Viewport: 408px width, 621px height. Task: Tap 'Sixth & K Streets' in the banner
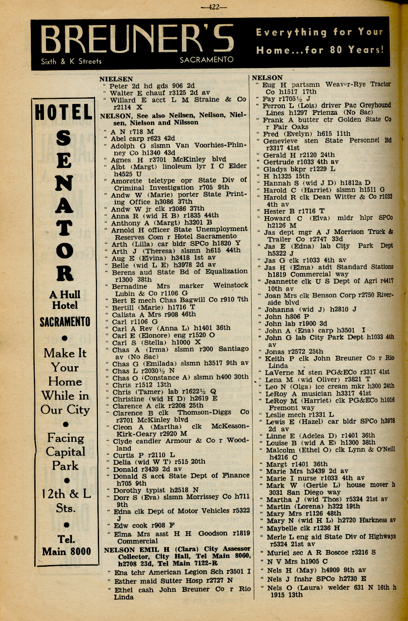71,61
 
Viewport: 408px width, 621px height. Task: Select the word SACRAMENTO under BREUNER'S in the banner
207,59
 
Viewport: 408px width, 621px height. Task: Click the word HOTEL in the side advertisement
63,112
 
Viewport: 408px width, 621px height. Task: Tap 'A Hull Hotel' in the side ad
65,300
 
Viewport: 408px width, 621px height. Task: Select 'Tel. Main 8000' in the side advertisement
66,545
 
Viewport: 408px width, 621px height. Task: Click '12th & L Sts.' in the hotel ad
66,501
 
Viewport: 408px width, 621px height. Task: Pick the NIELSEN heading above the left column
116,79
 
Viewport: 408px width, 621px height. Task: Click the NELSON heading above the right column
267,78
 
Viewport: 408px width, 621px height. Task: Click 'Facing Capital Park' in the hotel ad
65,451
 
